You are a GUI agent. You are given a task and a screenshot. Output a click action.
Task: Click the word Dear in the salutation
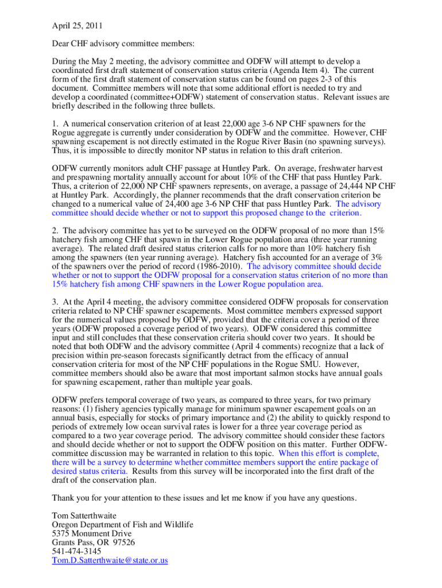[62, 44]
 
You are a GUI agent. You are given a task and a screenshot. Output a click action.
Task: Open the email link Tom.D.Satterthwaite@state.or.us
[110, 560]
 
